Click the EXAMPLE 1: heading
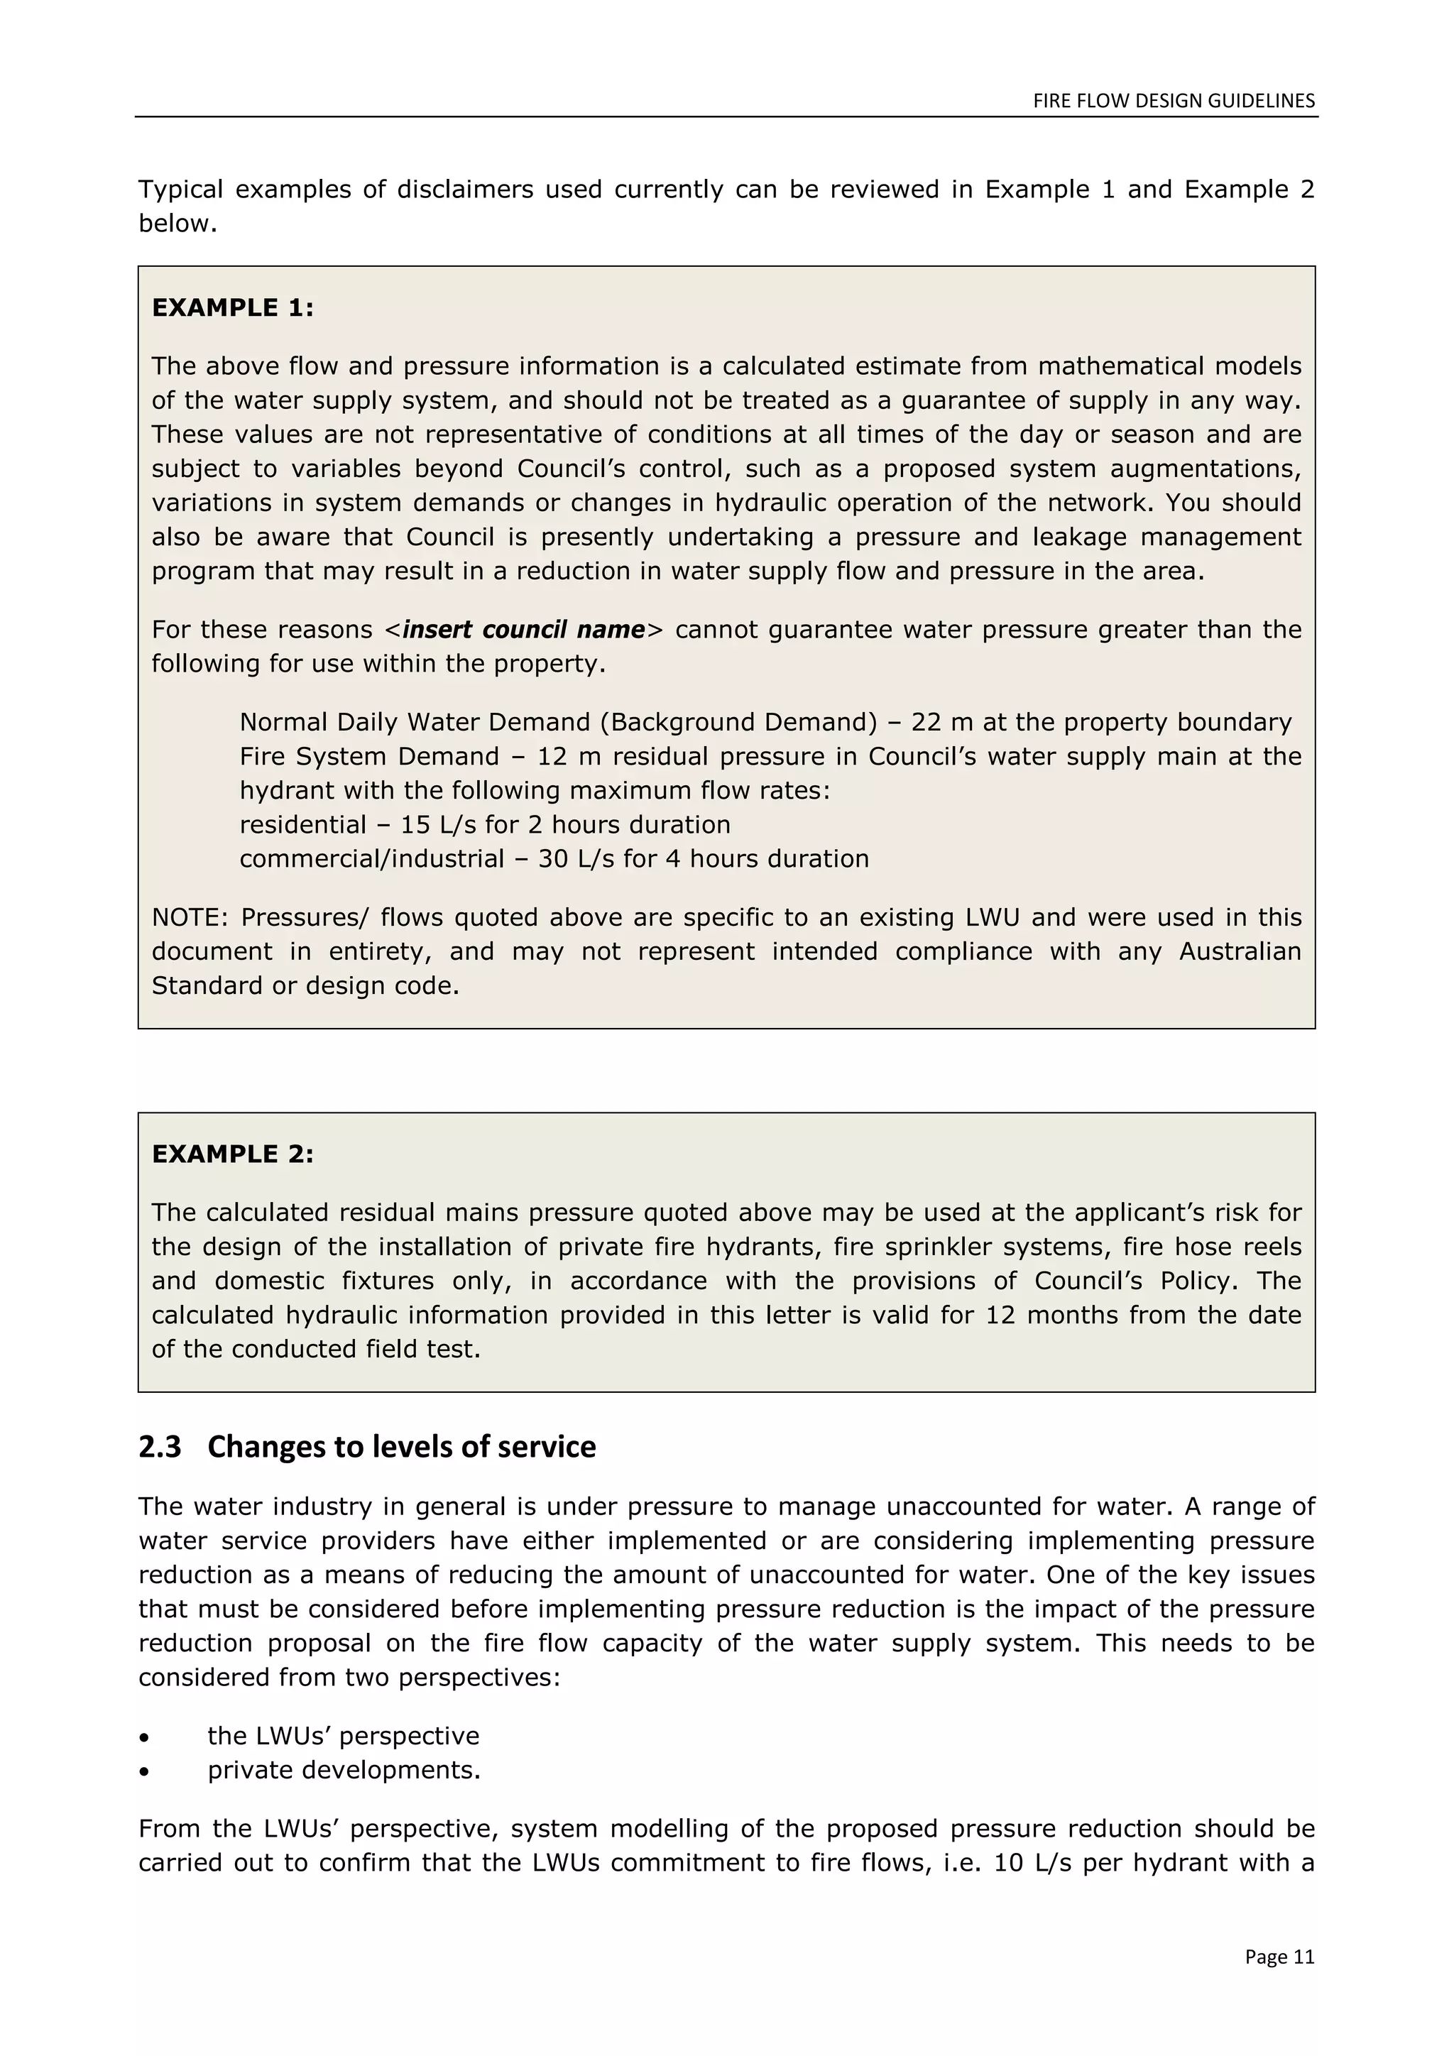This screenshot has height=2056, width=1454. [233, 308]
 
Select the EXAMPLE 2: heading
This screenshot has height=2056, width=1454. [233, 1154]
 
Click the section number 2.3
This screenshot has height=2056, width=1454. [159, 1447]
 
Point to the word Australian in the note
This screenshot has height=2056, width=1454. [1239, 952]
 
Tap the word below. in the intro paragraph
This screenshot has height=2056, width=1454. [177, 224]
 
